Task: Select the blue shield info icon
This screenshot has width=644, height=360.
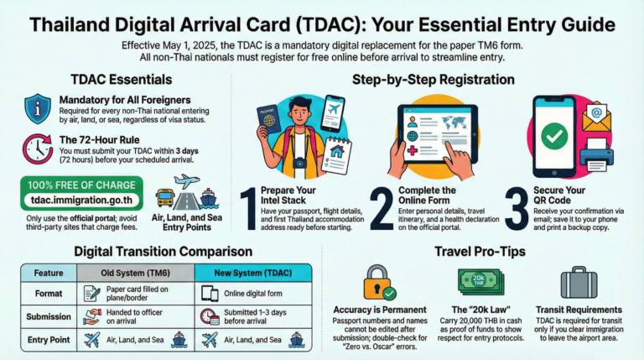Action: (36, 108)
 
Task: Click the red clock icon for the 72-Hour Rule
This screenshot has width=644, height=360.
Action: (36, 149)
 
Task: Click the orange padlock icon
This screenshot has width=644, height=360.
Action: (377, 283)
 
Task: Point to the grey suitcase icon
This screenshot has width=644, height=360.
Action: (579, 282)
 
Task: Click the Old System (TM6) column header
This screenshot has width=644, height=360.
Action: (135, 273)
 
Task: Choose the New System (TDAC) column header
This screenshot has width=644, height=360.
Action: (253, 273)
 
